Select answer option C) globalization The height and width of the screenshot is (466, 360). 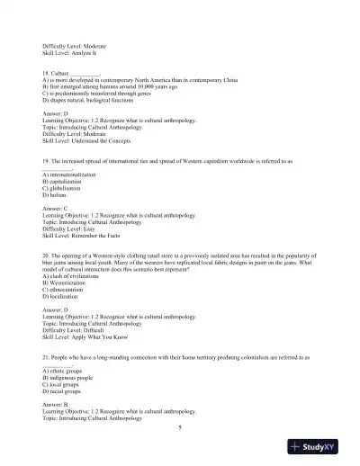64,188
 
